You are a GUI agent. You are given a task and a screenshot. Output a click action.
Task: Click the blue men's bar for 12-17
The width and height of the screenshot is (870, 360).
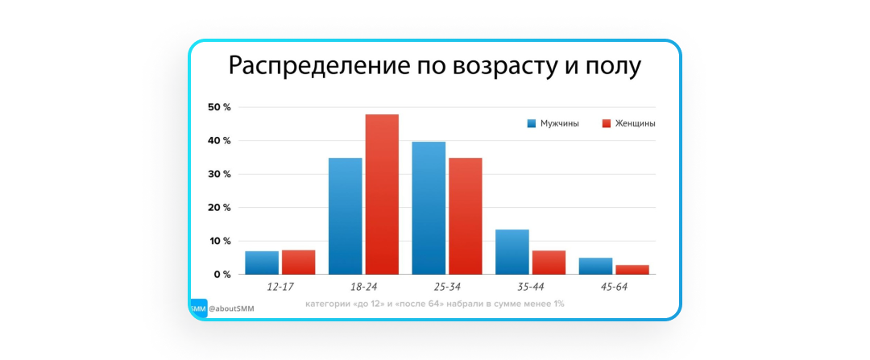click(262, 263)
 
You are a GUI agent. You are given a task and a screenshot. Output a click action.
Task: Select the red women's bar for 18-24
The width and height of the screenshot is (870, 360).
click(382, 194)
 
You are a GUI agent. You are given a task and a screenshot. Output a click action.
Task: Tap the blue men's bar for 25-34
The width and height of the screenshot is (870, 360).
click(429, 208)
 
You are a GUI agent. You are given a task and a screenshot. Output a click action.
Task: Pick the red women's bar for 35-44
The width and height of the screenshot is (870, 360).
click(549, 263)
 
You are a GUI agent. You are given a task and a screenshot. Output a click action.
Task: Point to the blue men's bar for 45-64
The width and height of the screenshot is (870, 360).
click(595, 266)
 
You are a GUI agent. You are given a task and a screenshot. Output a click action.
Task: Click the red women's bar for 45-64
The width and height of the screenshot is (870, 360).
click(632, 269)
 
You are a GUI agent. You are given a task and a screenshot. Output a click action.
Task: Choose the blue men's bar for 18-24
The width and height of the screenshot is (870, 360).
click(345, 216)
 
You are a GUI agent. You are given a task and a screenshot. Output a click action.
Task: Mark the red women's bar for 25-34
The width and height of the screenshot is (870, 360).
click(466, 216)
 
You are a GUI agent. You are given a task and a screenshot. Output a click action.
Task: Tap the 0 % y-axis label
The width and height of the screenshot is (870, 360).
click(222, 275)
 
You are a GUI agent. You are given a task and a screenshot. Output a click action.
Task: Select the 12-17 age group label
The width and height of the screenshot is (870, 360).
click(280, 287)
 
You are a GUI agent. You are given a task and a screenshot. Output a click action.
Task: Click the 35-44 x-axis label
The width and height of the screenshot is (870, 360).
click(530, 287)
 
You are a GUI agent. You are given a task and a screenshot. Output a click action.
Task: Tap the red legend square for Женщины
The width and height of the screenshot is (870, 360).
click(607, 123)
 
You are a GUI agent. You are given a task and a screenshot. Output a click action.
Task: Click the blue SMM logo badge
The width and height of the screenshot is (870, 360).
click(198, 308)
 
